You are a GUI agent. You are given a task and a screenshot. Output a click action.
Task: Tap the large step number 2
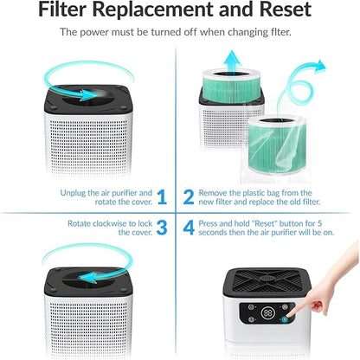click(x=188, y=198)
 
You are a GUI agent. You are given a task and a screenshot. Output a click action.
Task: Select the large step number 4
click(x=188, y=228)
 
